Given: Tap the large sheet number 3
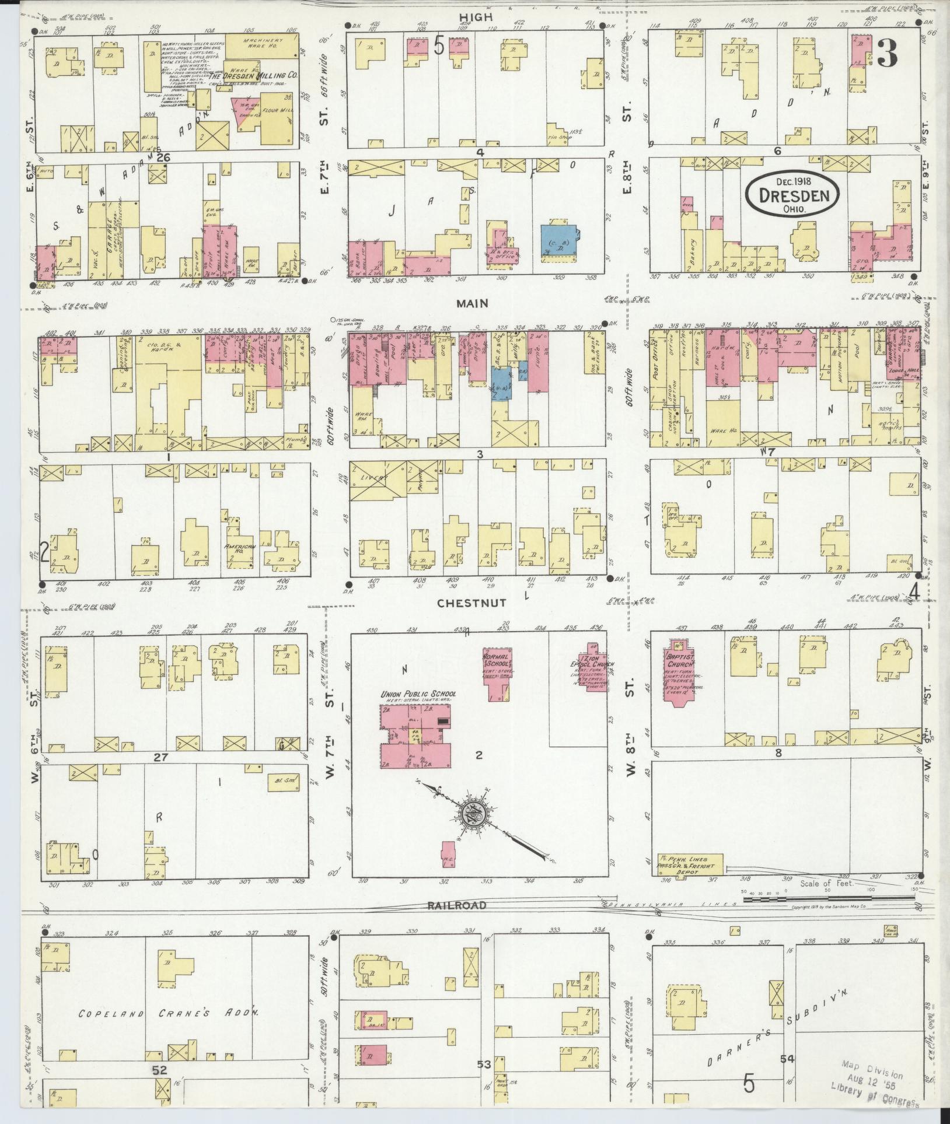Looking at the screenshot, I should [887, 53].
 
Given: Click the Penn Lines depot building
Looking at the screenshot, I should [690, 864].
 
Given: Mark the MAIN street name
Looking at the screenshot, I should [472, 303].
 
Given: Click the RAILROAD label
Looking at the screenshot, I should [463, 905].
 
